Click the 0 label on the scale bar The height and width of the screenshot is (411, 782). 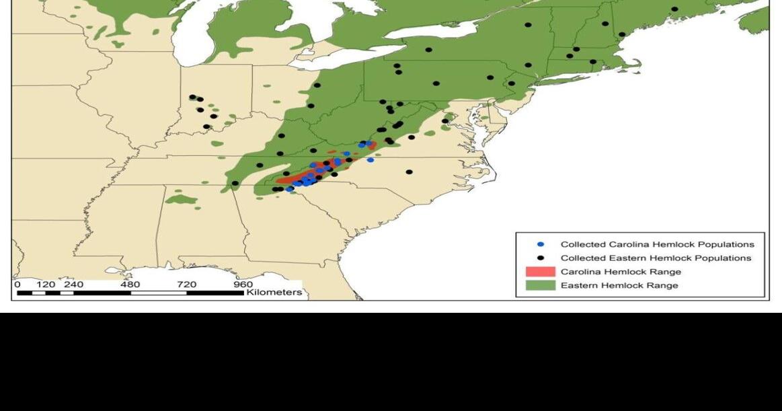pos(17,285)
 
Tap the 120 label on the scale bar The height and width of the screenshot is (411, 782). pos(46,285)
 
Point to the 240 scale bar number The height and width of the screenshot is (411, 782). pos(73,285)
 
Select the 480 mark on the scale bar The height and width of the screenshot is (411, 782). pos(130,285)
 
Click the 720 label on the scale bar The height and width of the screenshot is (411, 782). pos(187,285)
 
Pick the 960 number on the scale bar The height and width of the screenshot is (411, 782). pos(243,285)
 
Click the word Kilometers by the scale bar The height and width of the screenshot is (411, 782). pos(274,293)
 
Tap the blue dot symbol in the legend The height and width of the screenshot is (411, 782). pos(541,244)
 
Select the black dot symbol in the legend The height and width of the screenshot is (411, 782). pos(541,258)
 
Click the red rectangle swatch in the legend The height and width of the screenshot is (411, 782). pos(540,272)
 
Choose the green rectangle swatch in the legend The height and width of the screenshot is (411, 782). pos(540,285)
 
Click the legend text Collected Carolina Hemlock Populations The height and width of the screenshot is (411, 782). pos(657,244)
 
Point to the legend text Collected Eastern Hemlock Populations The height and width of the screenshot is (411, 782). pos(656,258)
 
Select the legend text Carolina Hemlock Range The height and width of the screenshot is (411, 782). pos(621,272)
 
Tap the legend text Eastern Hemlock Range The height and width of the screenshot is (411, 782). pos(619,285)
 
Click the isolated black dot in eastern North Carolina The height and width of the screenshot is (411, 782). pos(409,172)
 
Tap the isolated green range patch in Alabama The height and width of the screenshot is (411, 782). pos(181,199)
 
